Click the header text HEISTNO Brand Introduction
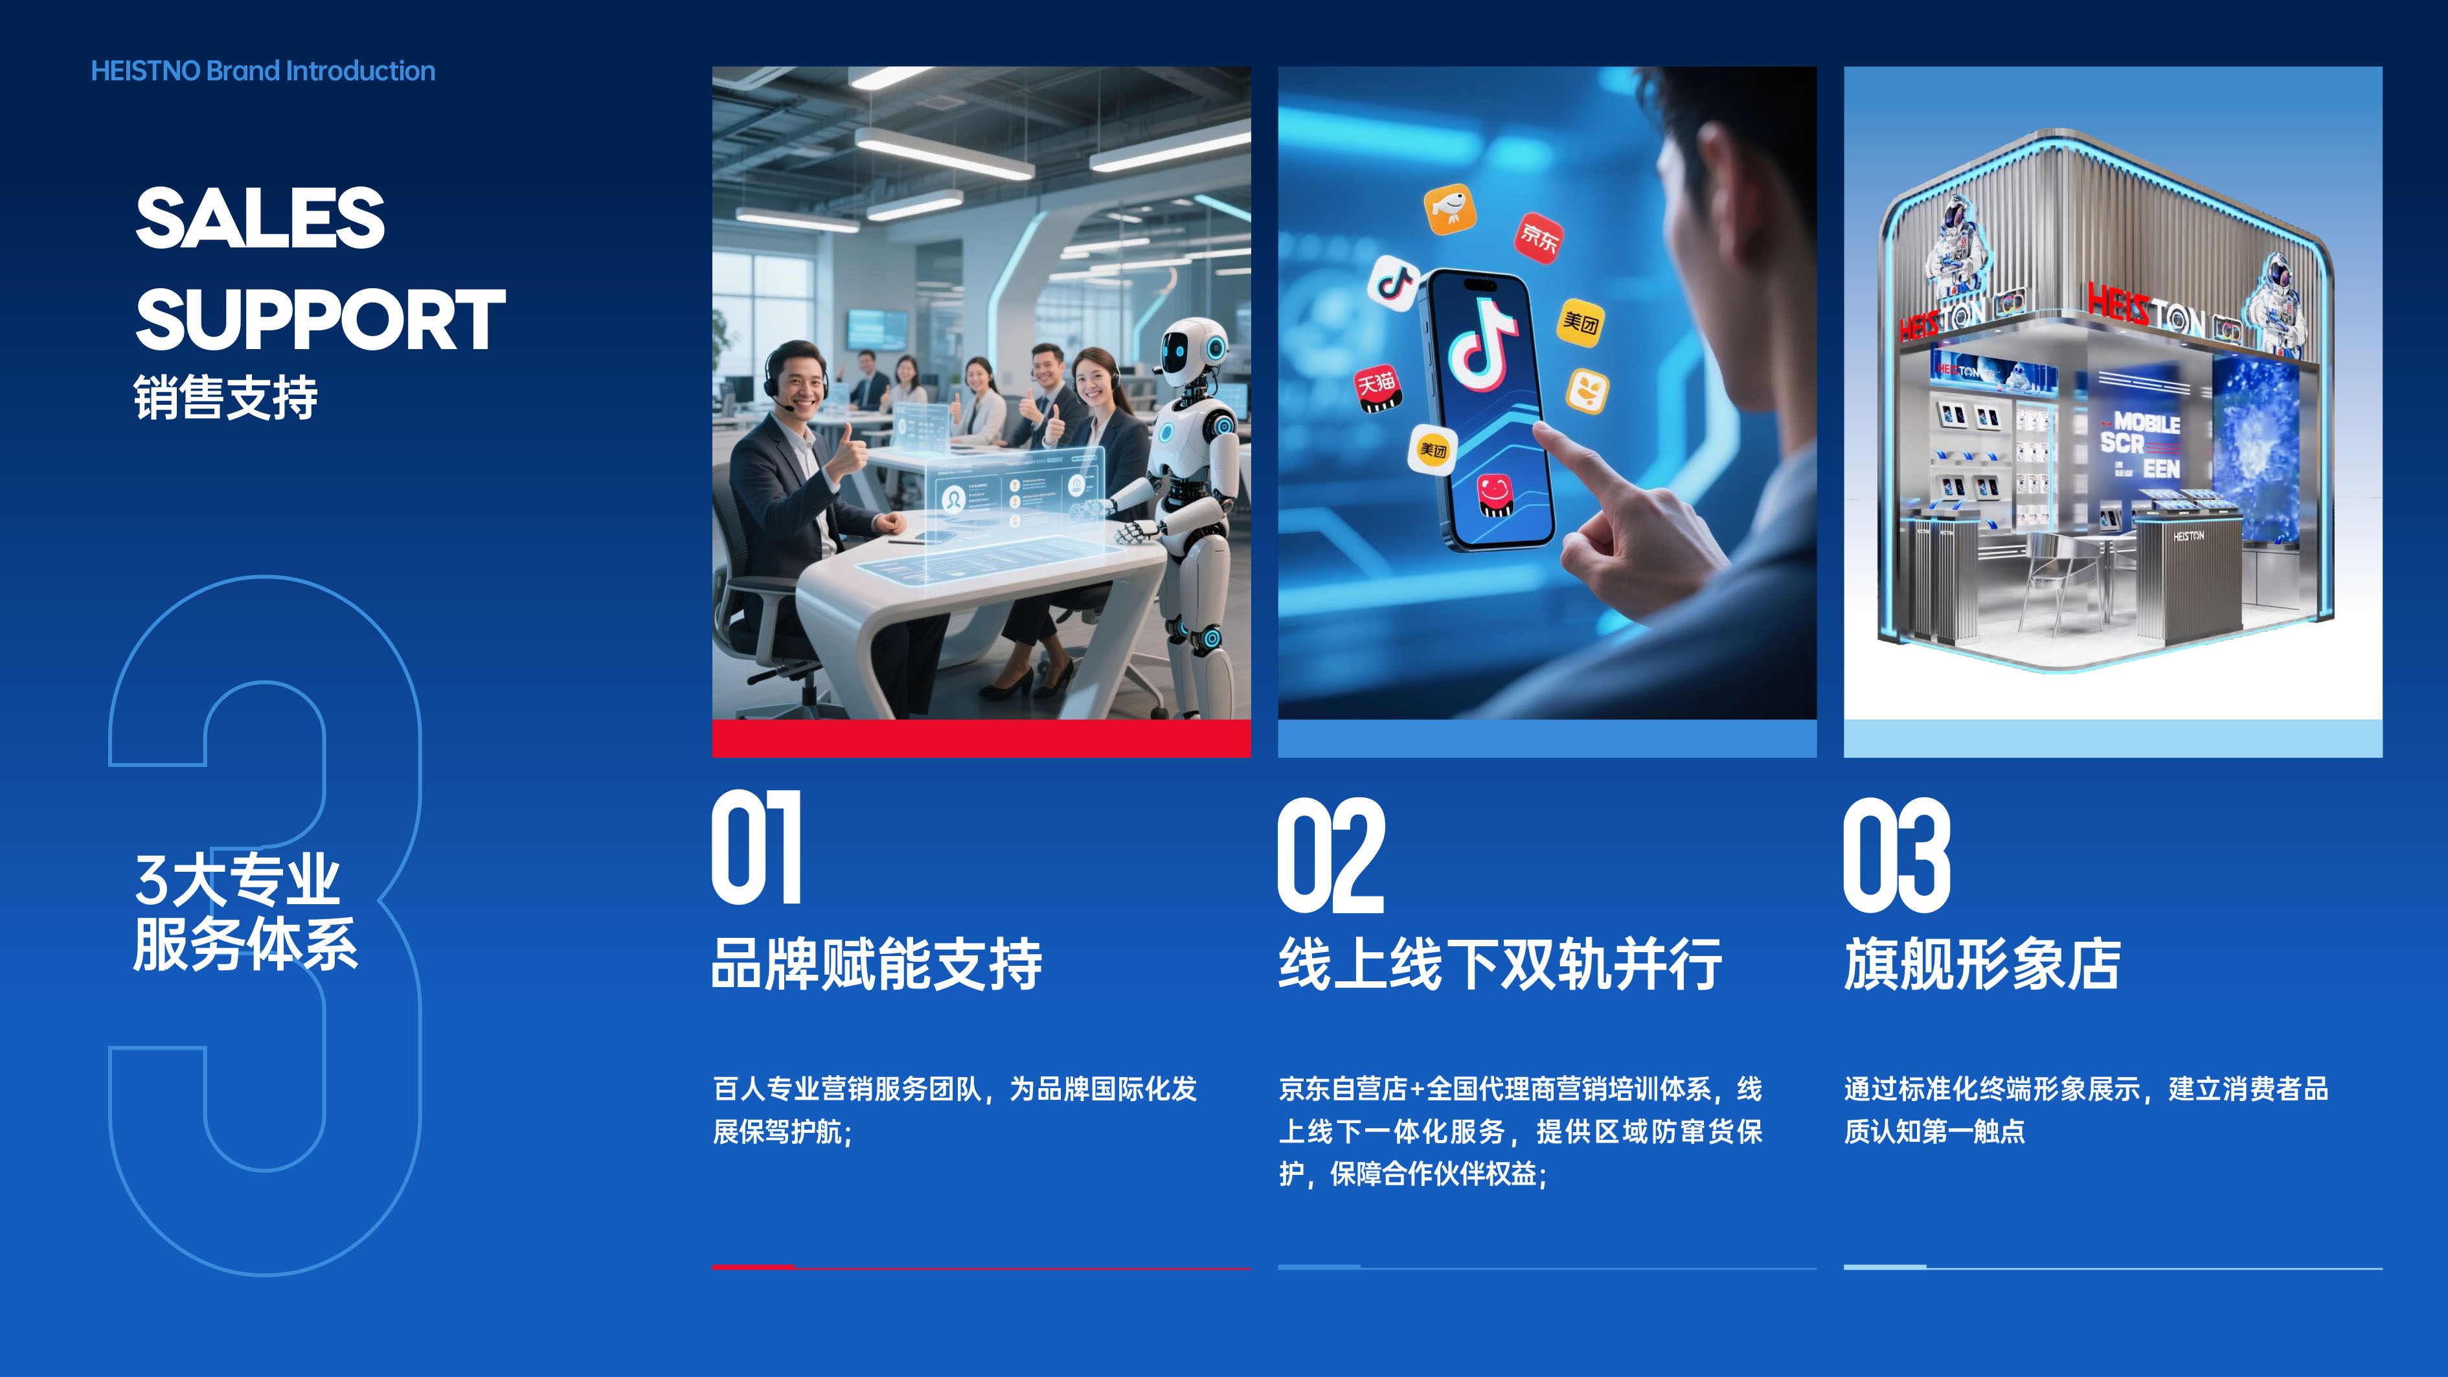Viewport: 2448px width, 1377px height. (263, 71)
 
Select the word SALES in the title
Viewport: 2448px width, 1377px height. (260, 218)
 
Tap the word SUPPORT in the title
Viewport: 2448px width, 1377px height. (321, 319)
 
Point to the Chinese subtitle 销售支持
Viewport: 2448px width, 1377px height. (225, 397)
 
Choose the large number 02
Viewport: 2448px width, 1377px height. (1330, 855)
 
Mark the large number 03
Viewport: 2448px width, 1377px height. (1897, 855)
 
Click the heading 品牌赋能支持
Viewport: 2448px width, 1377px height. (877, 964)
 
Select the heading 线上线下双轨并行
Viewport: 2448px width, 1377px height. (1500, 964)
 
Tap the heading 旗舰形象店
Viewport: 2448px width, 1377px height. (1982, 964)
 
